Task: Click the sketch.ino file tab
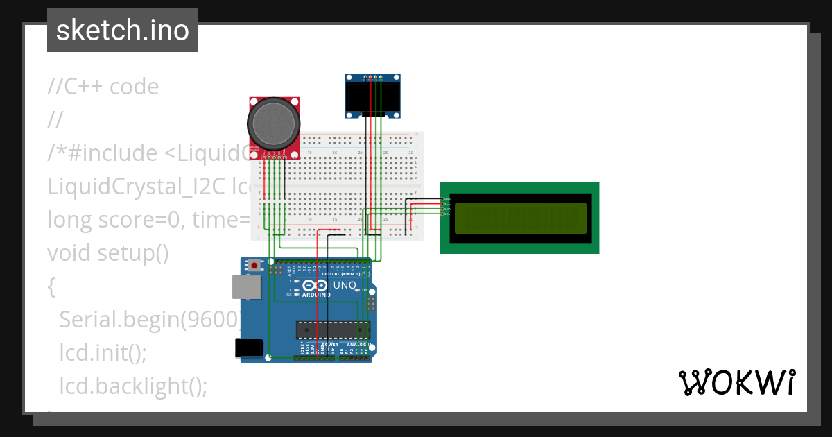pos(122,31)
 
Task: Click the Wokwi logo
pos(736,382)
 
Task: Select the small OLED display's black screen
pos(374,96)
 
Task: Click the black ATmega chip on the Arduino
pos(329,331)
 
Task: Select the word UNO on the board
pos(345,285)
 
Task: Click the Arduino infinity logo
pos(315,285)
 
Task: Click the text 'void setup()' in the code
pos(108,253)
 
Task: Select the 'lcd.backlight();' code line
pos(133,386)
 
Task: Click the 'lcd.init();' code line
pos(103,352)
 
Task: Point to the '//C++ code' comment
pos(103,87)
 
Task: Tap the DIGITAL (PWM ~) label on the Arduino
pos(340,274)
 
